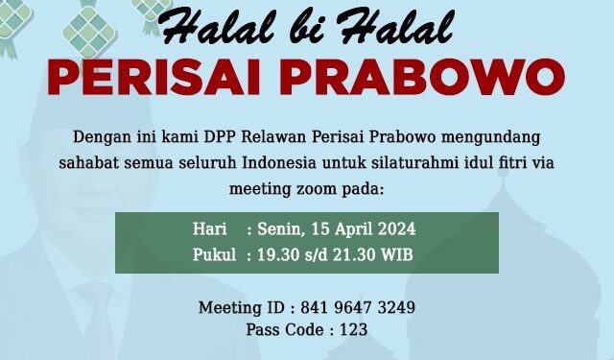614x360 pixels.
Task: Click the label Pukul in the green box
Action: [x=213, y=255]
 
